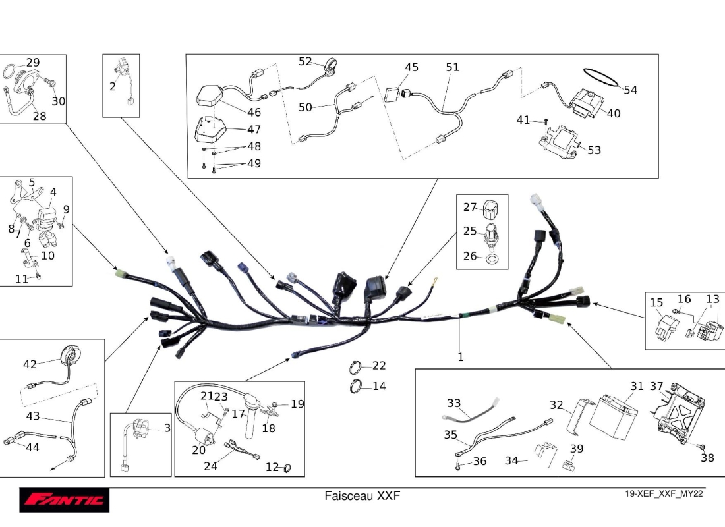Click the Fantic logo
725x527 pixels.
[64, 500]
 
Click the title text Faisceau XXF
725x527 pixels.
[362, 495]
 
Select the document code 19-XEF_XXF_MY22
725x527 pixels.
[664, 495]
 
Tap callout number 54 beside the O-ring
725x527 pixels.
[631, 90]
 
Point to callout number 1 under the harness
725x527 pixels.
[461, 357]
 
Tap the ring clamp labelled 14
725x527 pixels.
[356, 387]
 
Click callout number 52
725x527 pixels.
[305, 61]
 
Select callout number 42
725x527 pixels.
[30, 364]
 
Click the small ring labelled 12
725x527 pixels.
[287, 468]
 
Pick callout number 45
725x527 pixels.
[411, 67]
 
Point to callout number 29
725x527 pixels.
[33, 63]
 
